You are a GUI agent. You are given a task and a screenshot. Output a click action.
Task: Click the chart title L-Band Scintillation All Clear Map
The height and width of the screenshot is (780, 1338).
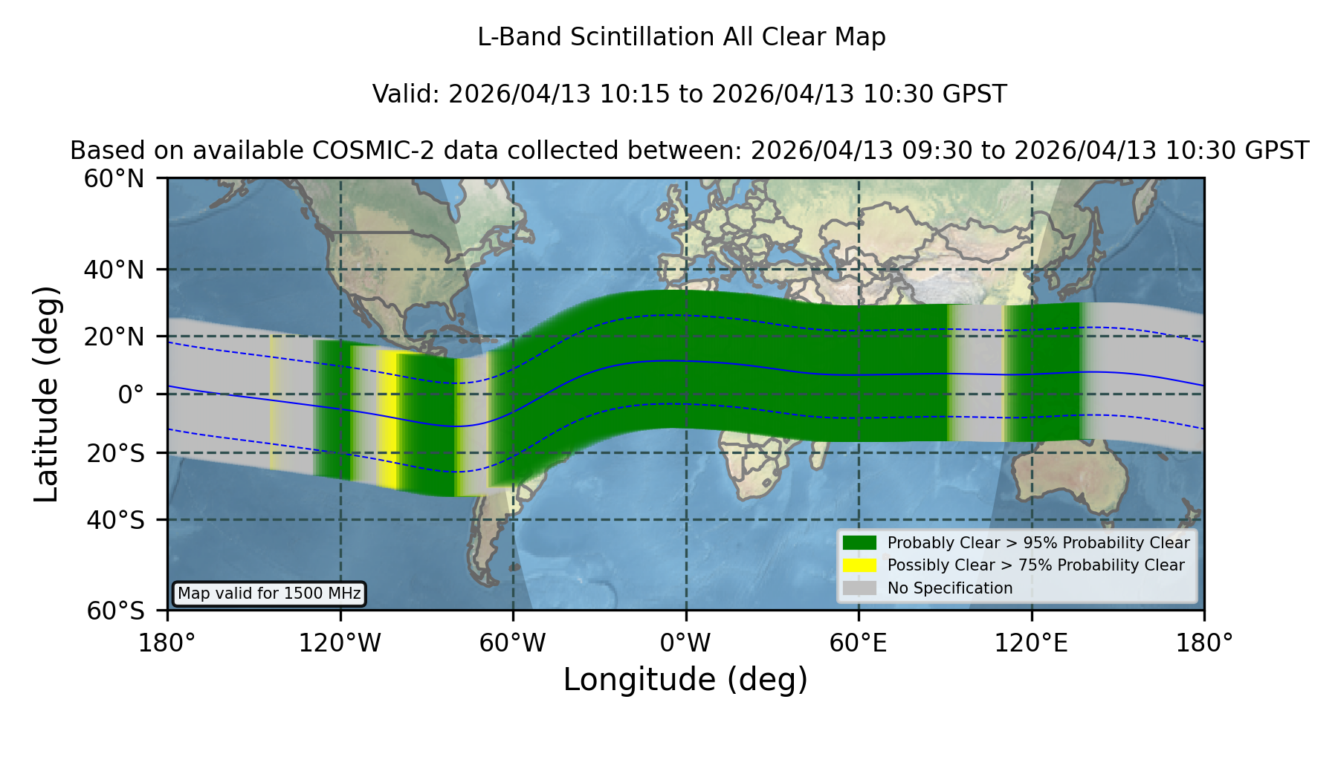681,37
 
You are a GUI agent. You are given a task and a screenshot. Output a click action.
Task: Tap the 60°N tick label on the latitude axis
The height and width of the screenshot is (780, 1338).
114,179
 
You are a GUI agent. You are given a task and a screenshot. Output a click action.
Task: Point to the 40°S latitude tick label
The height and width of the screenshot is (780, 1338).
115,520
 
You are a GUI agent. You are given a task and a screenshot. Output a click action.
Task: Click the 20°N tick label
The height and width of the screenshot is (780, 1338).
114,337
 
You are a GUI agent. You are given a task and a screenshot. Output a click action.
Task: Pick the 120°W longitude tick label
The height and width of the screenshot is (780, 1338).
340,643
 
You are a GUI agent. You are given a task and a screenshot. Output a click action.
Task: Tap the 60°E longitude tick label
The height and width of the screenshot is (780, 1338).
859,643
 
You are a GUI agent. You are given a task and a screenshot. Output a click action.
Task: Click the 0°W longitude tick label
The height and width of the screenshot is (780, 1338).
685,643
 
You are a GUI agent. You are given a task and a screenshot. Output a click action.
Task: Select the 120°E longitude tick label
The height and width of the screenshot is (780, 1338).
1031,643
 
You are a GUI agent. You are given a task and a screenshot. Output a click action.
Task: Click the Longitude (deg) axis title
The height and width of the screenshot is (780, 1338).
685,680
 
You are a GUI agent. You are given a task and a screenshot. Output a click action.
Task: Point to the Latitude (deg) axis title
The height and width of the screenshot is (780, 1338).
46,394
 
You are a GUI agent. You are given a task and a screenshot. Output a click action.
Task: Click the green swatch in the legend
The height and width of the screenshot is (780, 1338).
860,543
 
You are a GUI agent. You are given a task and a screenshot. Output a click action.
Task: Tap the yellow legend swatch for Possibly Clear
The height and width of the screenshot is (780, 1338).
860,565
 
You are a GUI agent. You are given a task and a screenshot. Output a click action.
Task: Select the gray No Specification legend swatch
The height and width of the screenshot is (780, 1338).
860,588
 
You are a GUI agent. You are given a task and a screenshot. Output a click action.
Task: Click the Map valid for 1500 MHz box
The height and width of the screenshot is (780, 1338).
269,594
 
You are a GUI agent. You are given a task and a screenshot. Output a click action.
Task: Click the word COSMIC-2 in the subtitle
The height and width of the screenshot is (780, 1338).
355,151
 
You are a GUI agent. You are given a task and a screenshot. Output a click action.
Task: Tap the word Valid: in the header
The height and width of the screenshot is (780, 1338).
407,94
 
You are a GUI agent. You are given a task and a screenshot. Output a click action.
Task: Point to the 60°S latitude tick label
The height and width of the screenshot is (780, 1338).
115,611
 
